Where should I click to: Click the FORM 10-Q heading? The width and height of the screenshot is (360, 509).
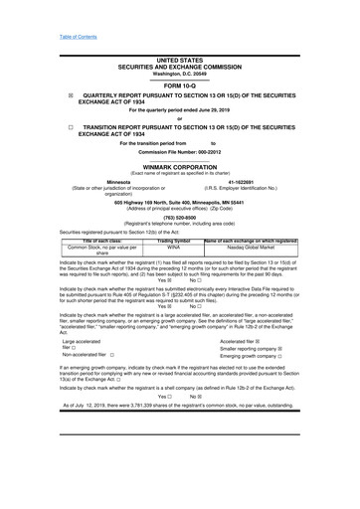coord(179,85)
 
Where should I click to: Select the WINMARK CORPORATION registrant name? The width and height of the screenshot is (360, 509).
coord(179,168)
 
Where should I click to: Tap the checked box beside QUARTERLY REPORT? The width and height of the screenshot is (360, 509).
coord(70,95)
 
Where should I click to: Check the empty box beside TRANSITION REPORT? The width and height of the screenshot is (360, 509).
coord(70,128)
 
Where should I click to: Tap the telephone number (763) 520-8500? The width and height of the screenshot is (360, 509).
coord(179,218)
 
